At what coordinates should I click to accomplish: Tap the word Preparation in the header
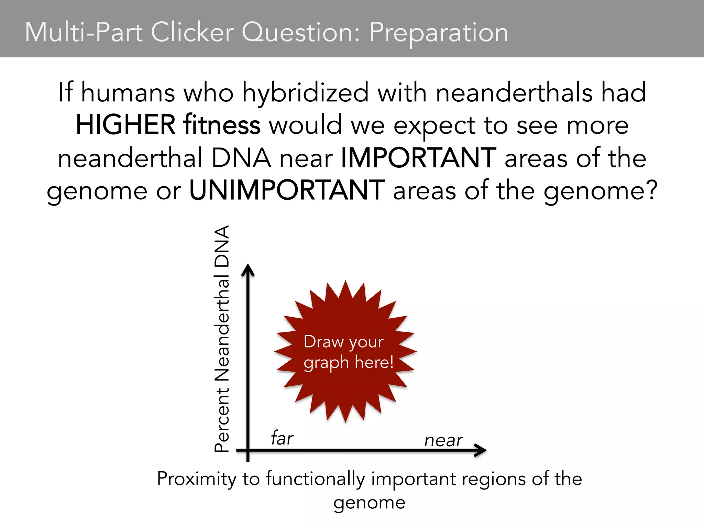click(439, 33)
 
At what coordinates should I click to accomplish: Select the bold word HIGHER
click(125, 125)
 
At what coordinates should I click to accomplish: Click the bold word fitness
click(222, 125)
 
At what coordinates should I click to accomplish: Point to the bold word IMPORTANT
click(418, 158)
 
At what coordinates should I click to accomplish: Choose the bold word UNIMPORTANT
click(287, 190)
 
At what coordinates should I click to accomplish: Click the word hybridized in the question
click(306, 93)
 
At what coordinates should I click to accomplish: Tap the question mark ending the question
click(651, 190)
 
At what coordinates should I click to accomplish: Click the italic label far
click(282, 438)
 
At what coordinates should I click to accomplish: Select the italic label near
click(443, 440)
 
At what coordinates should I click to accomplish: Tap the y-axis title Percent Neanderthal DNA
click(222, 339)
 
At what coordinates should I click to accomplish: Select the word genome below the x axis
click(369, 503)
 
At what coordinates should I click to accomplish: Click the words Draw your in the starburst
click(343, 342)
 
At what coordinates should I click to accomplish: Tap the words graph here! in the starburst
click(348, 363)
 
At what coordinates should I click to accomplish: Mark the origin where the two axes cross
click(248, 450)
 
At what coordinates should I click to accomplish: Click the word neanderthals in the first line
click(514, 93)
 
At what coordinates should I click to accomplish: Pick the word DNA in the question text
click(241, 158)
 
